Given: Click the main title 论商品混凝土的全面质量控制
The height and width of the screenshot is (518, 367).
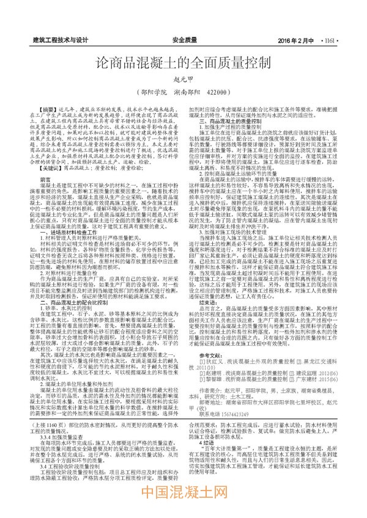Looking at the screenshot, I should click(183, 63).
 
